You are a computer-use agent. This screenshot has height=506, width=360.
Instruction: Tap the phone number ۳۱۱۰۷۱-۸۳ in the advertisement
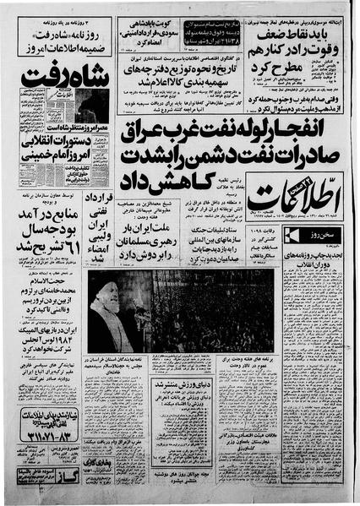point(52,438)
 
